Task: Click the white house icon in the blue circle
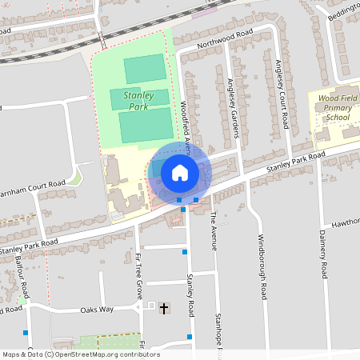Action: pos(179,172)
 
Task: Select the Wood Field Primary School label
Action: pos(334,107)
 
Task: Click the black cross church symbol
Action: pos(165,308)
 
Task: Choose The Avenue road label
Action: pos(213,229)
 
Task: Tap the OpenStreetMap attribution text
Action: pos(80,354)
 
